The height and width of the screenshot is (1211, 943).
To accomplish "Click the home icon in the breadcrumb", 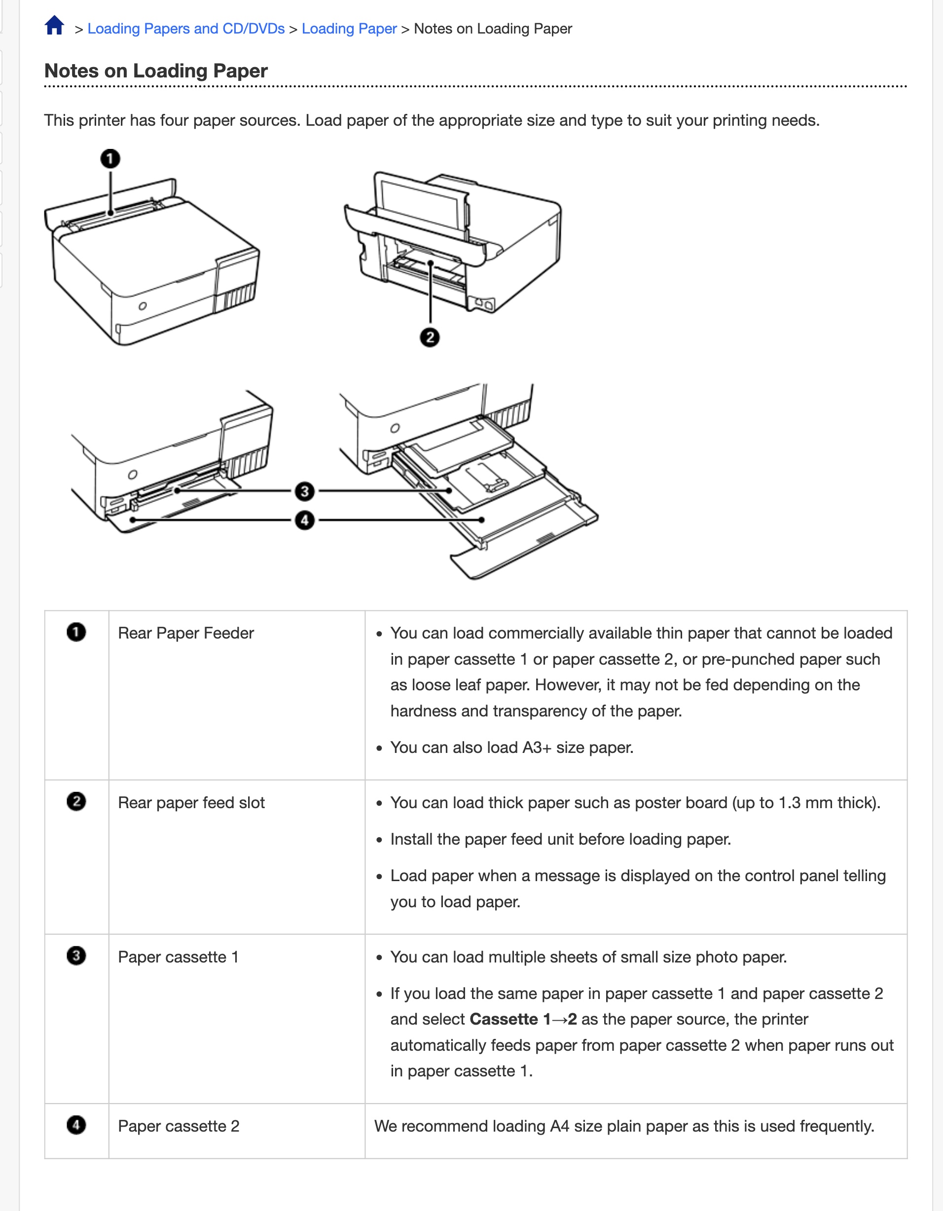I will click(x=54, y=26).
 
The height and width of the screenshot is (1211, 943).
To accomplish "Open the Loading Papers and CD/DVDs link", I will click(x=186, y=29).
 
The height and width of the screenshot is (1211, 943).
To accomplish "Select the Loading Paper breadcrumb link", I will click(x=349, y=29).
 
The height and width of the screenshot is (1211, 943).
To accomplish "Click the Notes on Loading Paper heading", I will click(x=156, y=71).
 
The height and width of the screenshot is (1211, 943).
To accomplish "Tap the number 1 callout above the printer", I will click(x=110, y=159).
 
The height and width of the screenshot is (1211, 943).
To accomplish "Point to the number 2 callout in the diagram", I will click(x=430, y=337).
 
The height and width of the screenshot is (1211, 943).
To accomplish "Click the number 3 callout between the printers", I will click(x=304, y=491).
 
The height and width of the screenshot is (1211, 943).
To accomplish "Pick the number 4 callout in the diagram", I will click(x=304, y=521).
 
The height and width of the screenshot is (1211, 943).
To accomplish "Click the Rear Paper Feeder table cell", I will click(x=186, y=633).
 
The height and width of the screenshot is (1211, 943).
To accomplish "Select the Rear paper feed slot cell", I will click(x=191, y=803).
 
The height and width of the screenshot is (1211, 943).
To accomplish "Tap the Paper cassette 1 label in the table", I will click(x=178, y=957).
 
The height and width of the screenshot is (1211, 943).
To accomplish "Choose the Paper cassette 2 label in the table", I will click(x=179, y=1126).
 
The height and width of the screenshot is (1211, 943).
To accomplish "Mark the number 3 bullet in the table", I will click(x=76, y=956).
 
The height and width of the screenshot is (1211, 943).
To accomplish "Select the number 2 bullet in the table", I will click(x=76, y=802).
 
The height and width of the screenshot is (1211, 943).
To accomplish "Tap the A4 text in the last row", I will click(x=559, y=1126).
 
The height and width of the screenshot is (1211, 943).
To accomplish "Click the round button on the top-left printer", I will click(x=143, y=306).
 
